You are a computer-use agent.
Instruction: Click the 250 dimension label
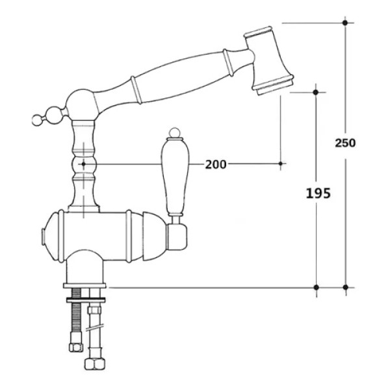(345, 143)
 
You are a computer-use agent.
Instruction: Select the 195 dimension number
(318, 193)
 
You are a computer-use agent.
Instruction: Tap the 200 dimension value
(216, 164)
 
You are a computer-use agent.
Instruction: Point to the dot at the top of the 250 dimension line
(344, 23)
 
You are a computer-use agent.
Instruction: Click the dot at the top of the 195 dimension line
(316, 92)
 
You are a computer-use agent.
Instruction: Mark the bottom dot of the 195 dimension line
(317, 287)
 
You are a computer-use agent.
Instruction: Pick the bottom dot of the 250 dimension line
(345, 287)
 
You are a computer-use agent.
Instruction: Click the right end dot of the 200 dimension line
(281, 164)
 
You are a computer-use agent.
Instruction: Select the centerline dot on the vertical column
(83, 164)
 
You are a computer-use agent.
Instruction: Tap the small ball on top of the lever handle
(174, 133)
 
